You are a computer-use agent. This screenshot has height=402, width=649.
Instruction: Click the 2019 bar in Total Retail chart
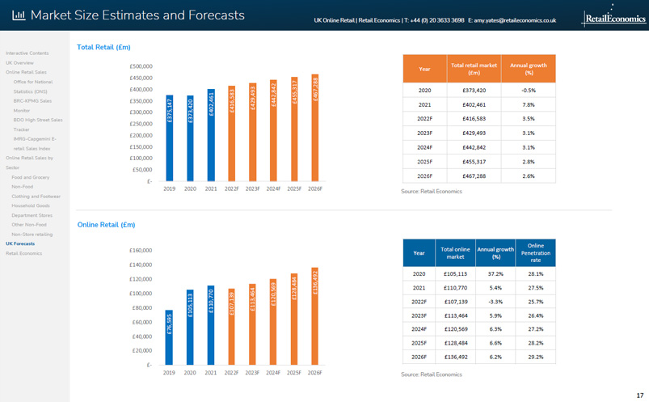(x=170, y=138)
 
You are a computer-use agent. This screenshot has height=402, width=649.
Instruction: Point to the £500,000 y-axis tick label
(x=141, y=66)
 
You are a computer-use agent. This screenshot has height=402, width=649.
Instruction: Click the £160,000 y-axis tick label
(x=141, y=251)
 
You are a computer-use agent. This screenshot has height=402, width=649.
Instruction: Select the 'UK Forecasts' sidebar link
(x=20, y=243)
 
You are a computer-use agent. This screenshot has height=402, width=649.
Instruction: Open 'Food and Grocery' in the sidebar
(x=30, y=177)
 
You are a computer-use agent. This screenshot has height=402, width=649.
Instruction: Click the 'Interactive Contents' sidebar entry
(x=27, y=53)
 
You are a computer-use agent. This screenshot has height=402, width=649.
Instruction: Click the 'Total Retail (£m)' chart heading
(x=103, y=48)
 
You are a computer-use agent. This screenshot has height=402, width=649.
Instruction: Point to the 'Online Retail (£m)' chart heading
(x=106, y=225)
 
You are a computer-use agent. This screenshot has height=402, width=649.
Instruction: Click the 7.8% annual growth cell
(x=529, y=105)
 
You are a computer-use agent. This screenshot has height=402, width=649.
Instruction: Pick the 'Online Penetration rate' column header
(x=535, y=252)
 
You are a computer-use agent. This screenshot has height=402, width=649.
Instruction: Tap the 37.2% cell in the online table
(x=496, y=273)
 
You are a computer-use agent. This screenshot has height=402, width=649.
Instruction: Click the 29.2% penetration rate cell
(x=535, y=356)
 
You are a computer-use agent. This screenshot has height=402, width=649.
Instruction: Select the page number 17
(x=639, y=395)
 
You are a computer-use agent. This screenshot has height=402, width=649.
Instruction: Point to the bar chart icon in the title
(x=19, y=15)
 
